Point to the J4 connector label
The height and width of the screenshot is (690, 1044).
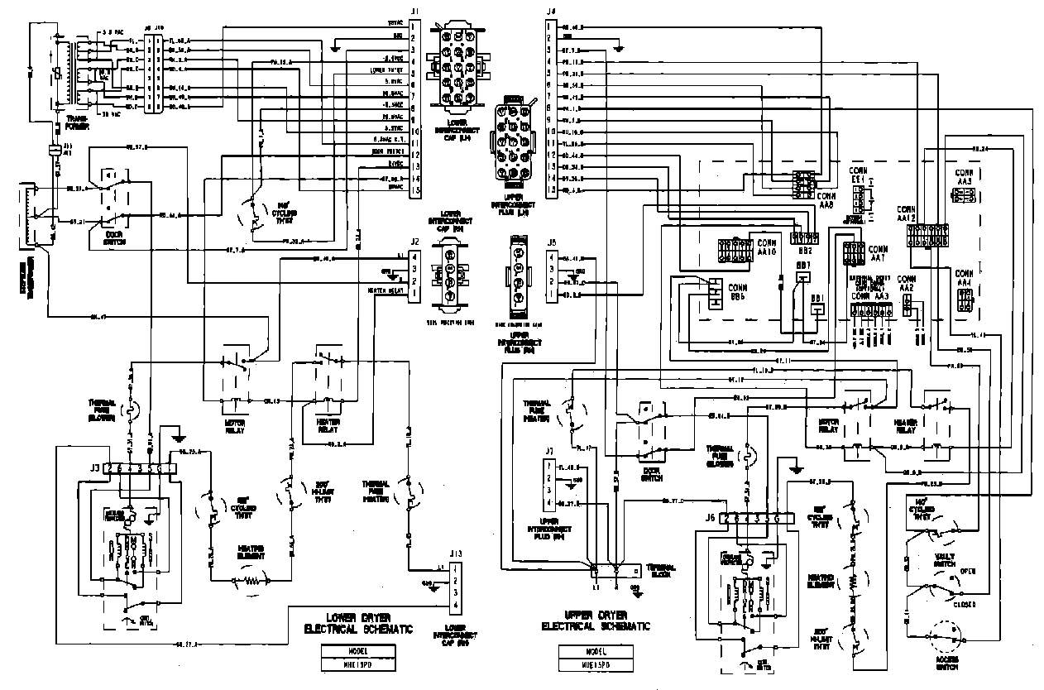(550, 11)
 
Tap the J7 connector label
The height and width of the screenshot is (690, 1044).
(548, 449)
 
